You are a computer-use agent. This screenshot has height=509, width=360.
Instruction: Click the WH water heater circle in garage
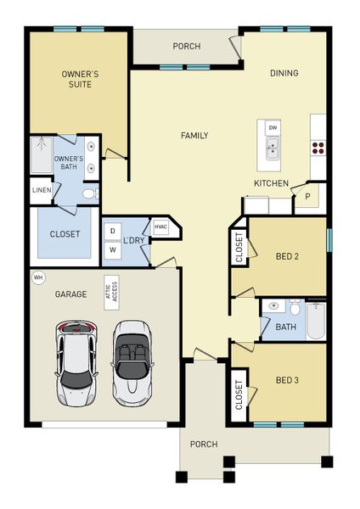tap(37, 277)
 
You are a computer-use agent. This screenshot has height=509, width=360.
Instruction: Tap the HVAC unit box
tap(160, 227)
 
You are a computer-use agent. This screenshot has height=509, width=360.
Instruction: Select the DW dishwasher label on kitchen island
tap(273, 127)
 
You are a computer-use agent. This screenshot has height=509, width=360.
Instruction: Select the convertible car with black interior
tap(131, 361)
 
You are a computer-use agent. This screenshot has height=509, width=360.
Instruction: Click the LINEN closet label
tap(42, 190)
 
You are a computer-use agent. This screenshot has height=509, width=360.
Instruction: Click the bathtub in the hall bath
tap(315, 320)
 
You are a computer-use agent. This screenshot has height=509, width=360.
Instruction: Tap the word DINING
tap(284, 73)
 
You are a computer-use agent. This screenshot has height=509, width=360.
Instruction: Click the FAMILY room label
tap(194, 136)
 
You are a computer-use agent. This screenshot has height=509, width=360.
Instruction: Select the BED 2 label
tap(287, 256)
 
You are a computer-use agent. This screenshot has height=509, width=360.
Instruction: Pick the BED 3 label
tap(287, 380)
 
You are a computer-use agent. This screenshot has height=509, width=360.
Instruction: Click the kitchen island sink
tap(273, 150)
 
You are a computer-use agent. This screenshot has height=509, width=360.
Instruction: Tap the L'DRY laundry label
tap(134, 242)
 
